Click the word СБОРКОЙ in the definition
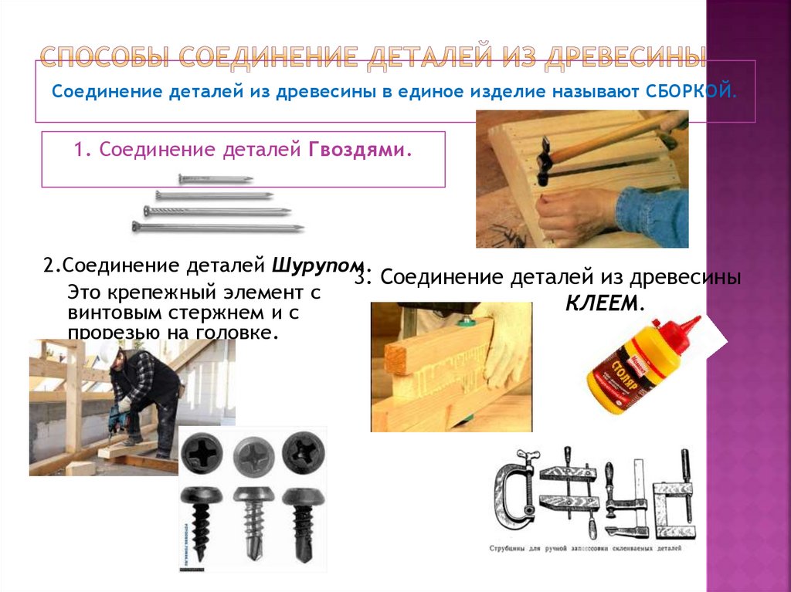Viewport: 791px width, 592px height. pos(688,92)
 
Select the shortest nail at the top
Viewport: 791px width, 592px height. pos(216,179)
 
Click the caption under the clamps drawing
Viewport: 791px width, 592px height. pos(585,550)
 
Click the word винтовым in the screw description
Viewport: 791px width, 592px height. pos(106,313)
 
